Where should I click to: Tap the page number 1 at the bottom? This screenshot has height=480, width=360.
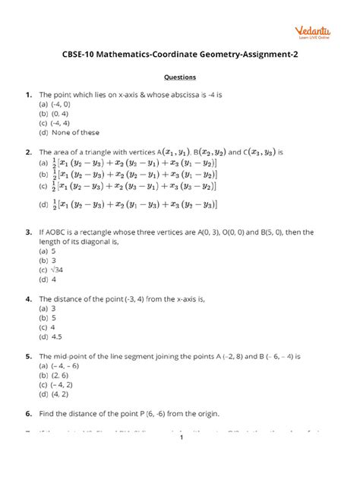[181, 459]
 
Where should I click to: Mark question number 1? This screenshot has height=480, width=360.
[28, 94]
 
